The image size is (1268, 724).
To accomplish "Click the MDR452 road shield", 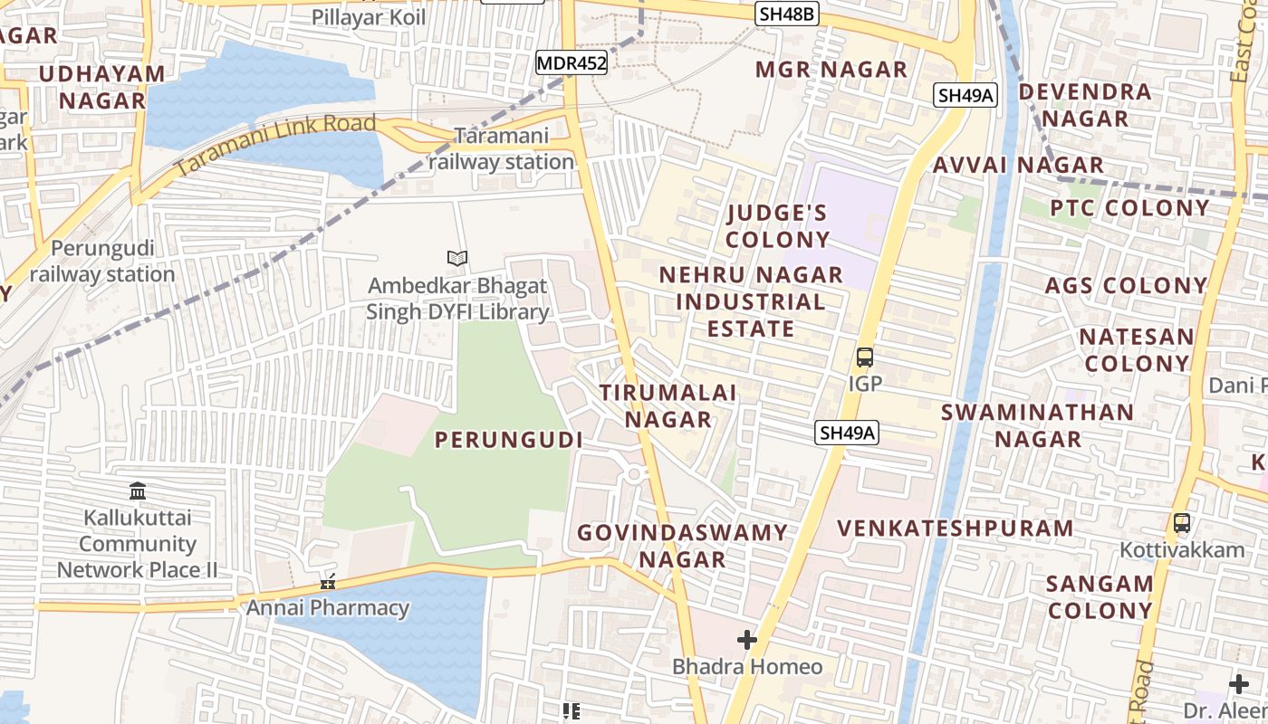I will point(571,63).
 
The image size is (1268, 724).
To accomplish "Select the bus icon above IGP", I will point(865,357).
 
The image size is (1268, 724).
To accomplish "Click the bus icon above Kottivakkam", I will point(1182,523).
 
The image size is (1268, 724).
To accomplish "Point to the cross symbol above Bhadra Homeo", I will point(747,641).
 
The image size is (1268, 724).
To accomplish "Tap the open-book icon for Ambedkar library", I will point(457,259).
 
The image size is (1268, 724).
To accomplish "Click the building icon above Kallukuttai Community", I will point(138,491).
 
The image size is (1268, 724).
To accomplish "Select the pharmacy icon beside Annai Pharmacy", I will point(328,582).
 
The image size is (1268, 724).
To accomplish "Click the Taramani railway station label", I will point(502,149).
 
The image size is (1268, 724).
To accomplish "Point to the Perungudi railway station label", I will point(102,261).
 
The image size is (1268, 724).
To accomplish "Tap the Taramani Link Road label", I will point(275,145).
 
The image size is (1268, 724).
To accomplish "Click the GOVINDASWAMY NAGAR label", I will point(683,546).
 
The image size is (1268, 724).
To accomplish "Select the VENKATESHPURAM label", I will point(956,529).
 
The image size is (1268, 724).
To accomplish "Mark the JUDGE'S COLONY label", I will point(778,226).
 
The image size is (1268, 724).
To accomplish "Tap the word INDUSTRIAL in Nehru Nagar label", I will point(751,301).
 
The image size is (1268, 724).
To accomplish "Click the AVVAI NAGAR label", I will point(1018,166).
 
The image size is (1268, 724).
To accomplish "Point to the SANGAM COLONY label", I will point(1100,597).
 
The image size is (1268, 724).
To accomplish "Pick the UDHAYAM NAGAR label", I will point(101,87).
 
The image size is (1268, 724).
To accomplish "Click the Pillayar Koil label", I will point(369,17).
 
